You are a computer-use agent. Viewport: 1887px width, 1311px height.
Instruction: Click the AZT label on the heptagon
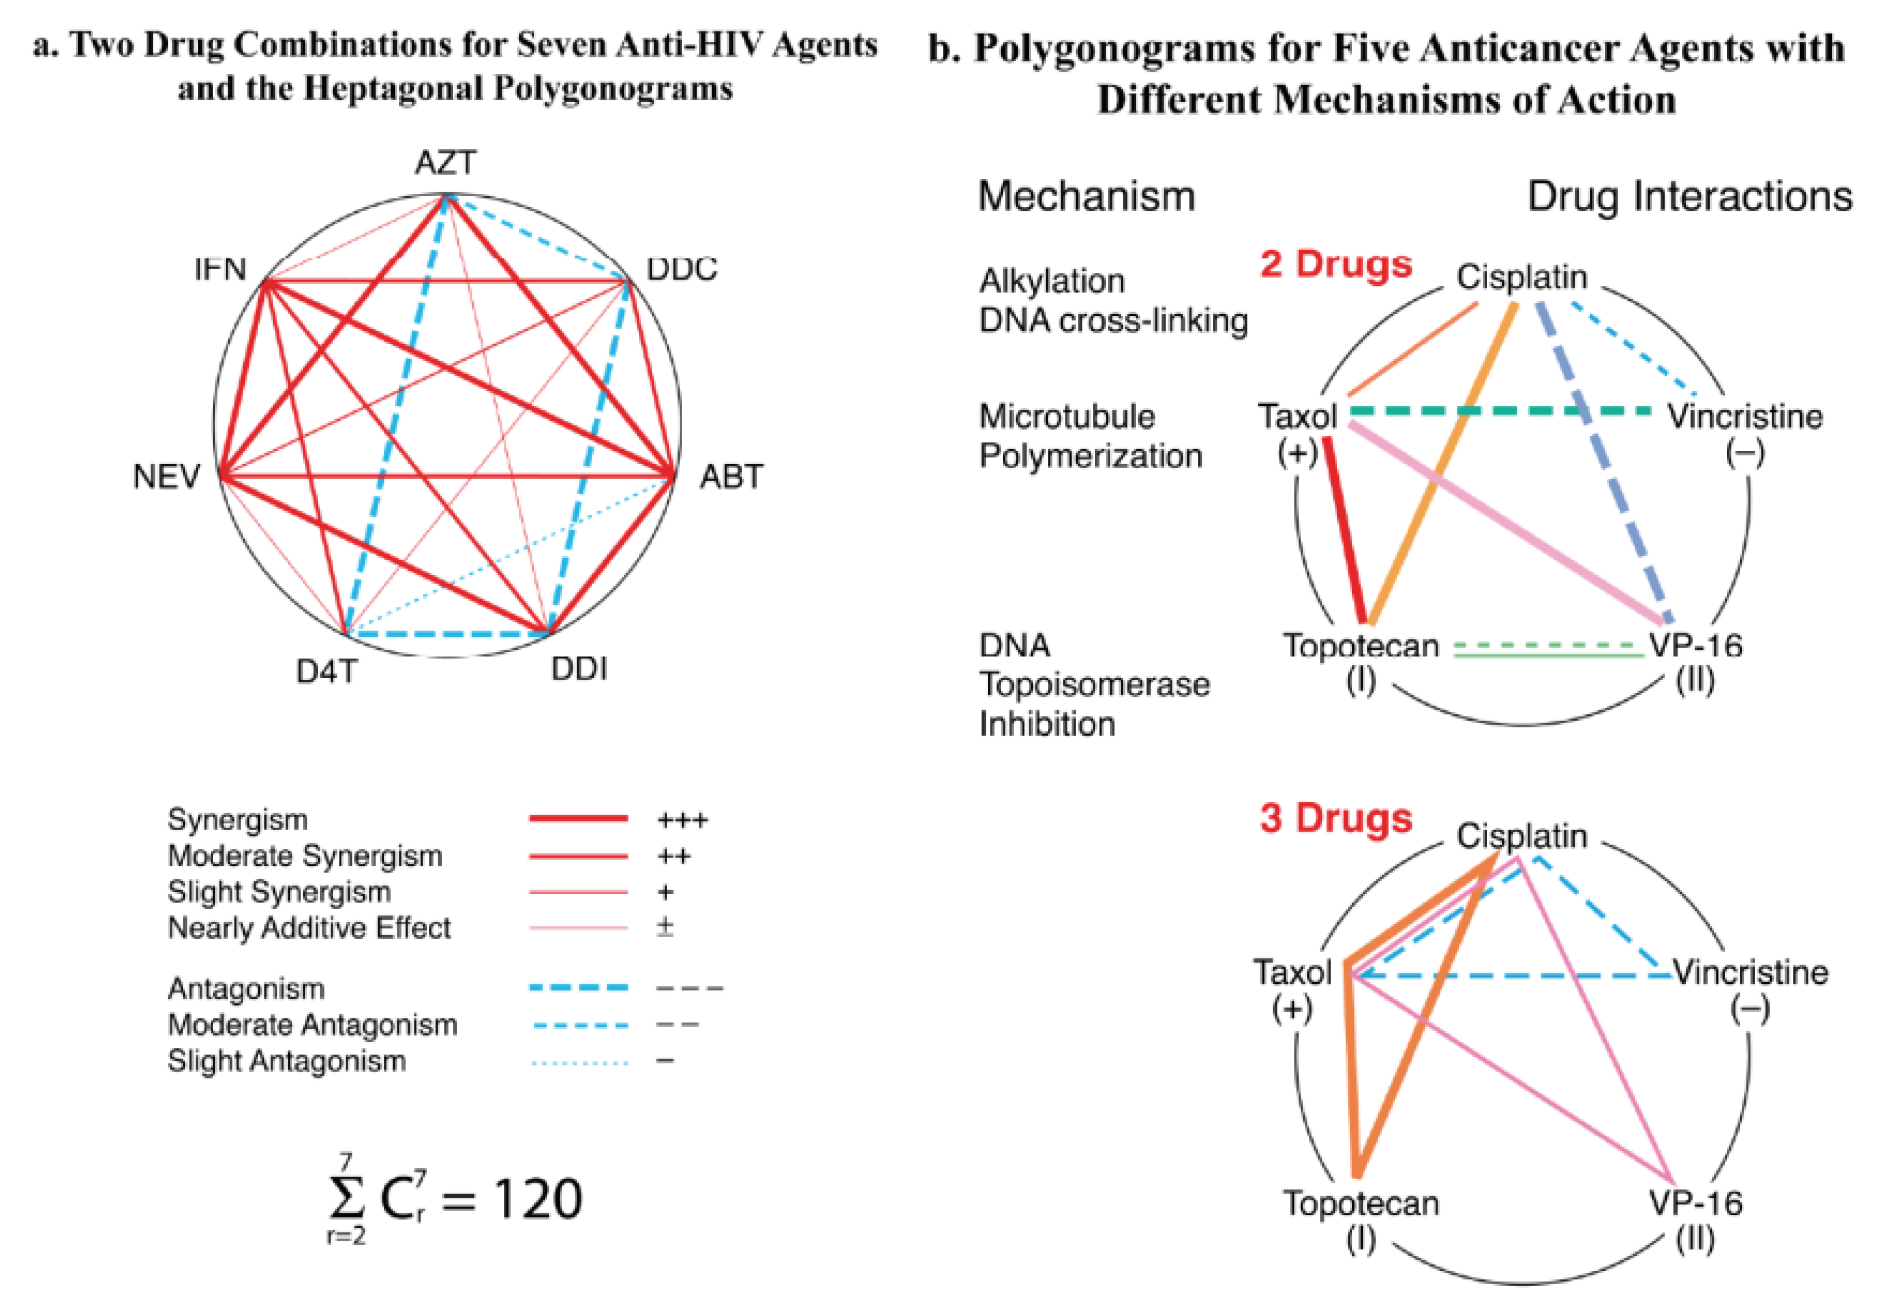coord(445,163)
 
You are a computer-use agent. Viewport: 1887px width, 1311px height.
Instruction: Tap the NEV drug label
coord(166,477)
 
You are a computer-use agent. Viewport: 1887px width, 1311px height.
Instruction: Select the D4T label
coord(326,672)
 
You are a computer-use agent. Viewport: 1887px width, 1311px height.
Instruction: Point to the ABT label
coord(731,477)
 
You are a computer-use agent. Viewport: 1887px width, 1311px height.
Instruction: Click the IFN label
coord(220,269)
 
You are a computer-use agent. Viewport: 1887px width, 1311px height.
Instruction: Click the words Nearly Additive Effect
coord(309,928)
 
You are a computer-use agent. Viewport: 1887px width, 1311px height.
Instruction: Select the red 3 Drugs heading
coord(1336,819)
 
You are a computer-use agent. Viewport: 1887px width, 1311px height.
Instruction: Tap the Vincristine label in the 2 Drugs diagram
coord(1745,416)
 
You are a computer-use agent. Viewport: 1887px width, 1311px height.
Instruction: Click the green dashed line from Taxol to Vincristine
coord(1500,410)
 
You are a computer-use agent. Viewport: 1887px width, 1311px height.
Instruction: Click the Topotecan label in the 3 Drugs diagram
coord(1361,1203)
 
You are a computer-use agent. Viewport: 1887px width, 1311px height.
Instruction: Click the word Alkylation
coord(1052,281)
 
